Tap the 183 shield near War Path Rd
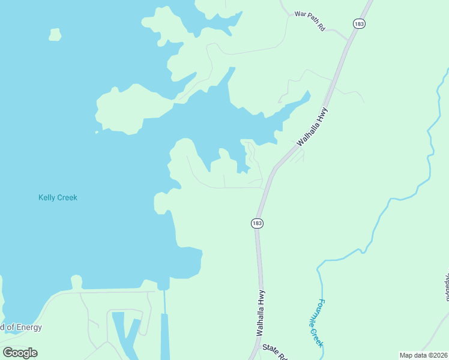tap(359, 23)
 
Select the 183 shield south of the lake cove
tap(257, 223)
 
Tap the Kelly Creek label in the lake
tap(58, 197)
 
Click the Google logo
tap(20, 353)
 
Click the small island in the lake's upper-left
tap(55, 35)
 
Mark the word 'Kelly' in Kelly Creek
tap(47, 197)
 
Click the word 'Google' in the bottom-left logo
tap(20, 353)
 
